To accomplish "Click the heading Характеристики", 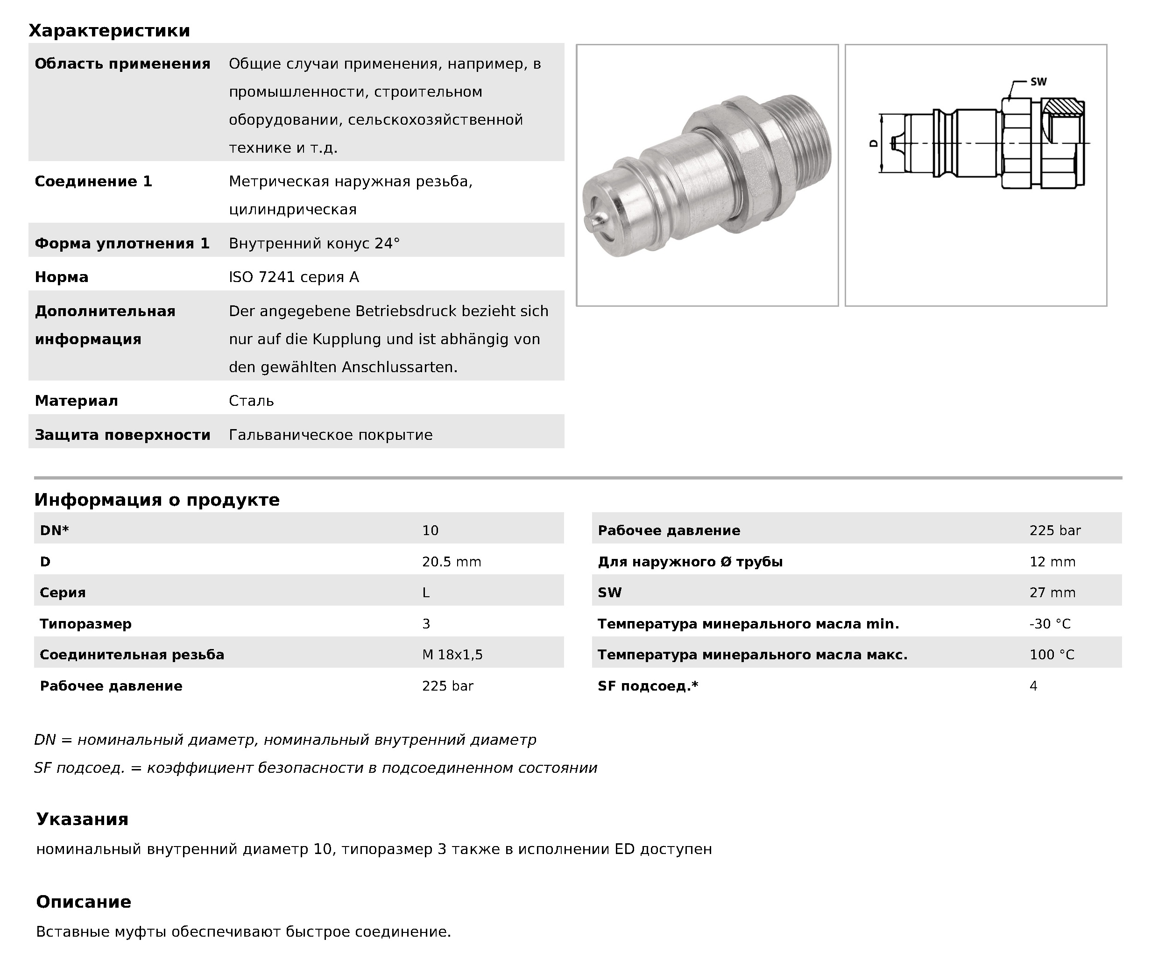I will tap(109, 31).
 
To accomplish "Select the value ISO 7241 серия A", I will tap(293, 277).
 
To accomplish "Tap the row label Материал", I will tap(76, 401).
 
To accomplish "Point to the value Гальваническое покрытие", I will tap(330, 435).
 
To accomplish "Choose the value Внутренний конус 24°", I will tap(314, 243).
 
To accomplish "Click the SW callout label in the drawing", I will tap(1038, 82).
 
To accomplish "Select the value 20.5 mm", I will tap(451, 562).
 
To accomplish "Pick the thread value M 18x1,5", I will tap(452, 655).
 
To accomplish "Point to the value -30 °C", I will tap(1049, 624).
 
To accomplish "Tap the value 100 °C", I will tap(1052, 655).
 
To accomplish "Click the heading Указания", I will tap(82, 819).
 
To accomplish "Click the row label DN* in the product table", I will tap(54, 530).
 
